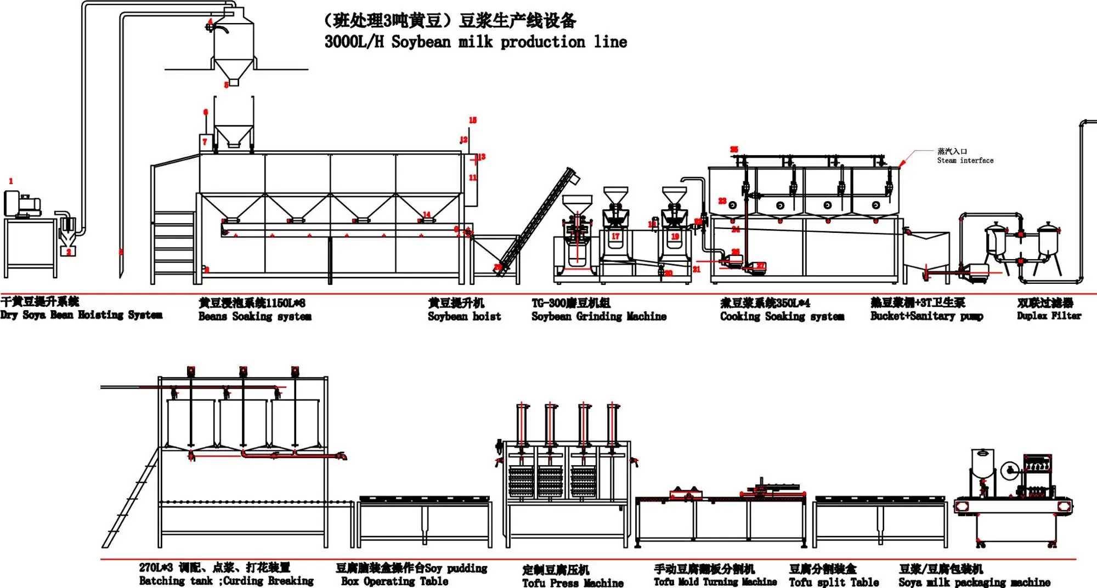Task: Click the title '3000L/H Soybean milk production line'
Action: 475,42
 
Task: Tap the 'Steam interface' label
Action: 965,161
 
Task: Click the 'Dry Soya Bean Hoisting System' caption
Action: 81,315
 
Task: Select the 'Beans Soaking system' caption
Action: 255,316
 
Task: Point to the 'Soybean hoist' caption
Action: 464,316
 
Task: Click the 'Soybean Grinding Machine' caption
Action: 598,316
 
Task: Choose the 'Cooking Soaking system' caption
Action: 782,316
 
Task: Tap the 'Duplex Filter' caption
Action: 1049,316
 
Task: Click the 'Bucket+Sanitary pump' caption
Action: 926,316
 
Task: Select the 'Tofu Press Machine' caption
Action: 573,583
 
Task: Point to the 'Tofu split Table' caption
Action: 834,582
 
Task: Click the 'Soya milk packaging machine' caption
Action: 974,582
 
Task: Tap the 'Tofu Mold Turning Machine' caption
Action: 715,582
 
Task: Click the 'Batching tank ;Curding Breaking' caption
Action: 226,580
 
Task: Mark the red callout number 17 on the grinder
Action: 615,236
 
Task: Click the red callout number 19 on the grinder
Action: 675,236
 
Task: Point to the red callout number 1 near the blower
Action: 10,181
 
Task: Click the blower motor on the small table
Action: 22,203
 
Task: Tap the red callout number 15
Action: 473,120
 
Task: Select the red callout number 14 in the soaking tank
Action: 427,214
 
